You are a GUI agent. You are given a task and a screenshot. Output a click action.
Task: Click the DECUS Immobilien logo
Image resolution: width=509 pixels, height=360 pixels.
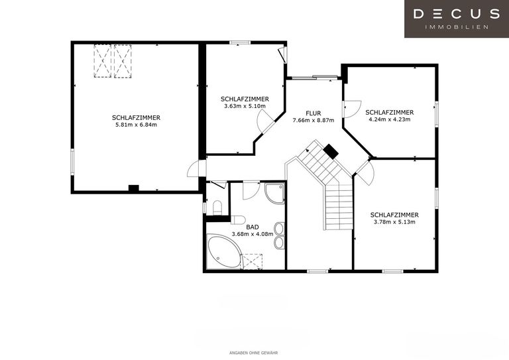pyautogui.click(x=457, y=19)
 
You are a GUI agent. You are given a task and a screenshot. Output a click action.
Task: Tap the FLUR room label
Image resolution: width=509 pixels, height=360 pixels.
pyautogui.click(x=313, y=113)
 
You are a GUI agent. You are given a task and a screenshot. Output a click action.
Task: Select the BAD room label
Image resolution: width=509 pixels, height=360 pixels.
pyautogui.click(x=253, y=227)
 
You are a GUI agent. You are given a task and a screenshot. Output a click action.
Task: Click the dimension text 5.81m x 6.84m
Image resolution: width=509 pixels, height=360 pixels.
pyautogui.click(x=136, y=125)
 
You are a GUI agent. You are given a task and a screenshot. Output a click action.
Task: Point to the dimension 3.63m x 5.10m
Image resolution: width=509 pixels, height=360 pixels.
pyautogui.click(x=245, y=106)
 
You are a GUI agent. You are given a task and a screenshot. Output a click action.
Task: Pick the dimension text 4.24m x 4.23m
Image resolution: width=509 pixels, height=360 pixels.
pyautogui.click(x=390, y=119)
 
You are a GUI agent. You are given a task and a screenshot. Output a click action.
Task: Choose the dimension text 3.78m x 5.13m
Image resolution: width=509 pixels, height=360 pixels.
pyautogui.click(x=394, y=222)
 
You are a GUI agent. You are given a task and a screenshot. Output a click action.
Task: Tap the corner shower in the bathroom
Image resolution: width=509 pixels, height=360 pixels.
pyautogui.click(x=274, y=194)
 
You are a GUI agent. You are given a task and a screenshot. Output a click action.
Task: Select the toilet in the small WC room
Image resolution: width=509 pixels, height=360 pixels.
pyautogui.click(x=217, y=208)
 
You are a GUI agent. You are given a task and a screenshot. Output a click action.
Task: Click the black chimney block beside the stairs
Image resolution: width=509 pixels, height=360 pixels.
pyautogui.click(x=331, y=152)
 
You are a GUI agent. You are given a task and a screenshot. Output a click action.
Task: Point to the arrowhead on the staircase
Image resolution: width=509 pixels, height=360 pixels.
pyautogui.click(x=307, y=150)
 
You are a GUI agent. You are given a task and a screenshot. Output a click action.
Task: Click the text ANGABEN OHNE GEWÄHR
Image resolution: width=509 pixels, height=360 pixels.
pyautogui.click(x=254, y=353)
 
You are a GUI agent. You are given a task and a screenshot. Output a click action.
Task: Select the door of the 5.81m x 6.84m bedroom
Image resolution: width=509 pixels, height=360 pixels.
pyautogui.click(x=196, y=169)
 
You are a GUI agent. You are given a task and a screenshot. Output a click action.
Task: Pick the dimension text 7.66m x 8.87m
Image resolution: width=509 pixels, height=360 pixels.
pyautogui.click(x=313, y=121)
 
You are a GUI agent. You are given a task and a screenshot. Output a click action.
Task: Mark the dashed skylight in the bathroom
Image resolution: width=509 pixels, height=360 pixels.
pyautogui.click(x=253, y=262)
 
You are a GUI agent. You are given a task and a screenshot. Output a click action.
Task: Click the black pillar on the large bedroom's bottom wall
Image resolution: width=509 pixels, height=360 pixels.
pyautogui.click(x=133, y=188)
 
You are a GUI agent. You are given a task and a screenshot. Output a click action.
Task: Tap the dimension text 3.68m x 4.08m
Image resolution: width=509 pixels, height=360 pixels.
pyautogui.click(x=253, y=234)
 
